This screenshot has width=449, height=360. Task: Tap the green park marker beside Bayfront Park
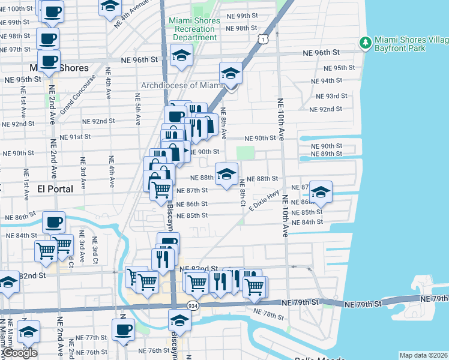[365, 43]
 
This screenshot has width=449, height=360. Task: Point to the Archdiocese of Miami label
[182, 85]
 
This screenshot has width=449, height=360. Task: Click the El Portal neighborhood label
[55, 188]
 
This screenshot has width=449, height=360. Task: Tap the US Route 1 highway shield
[263, 39]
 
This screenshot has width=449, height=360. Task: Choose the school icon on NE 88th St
[225, 174]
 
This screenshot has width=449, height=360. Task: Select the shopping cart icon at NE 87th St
[160, 190]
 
